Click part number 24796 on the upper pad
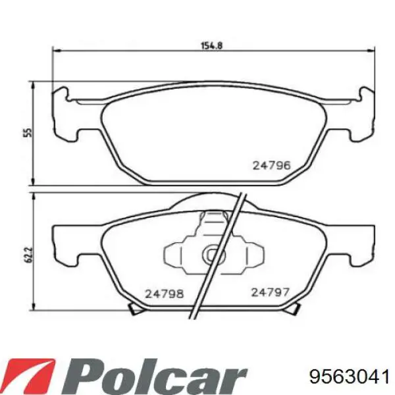[271, 166]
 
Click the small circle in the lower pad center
[213, 253]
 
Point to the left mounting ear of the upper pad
[63, 115]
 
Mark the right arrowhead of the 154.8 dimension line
[373, 50]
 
